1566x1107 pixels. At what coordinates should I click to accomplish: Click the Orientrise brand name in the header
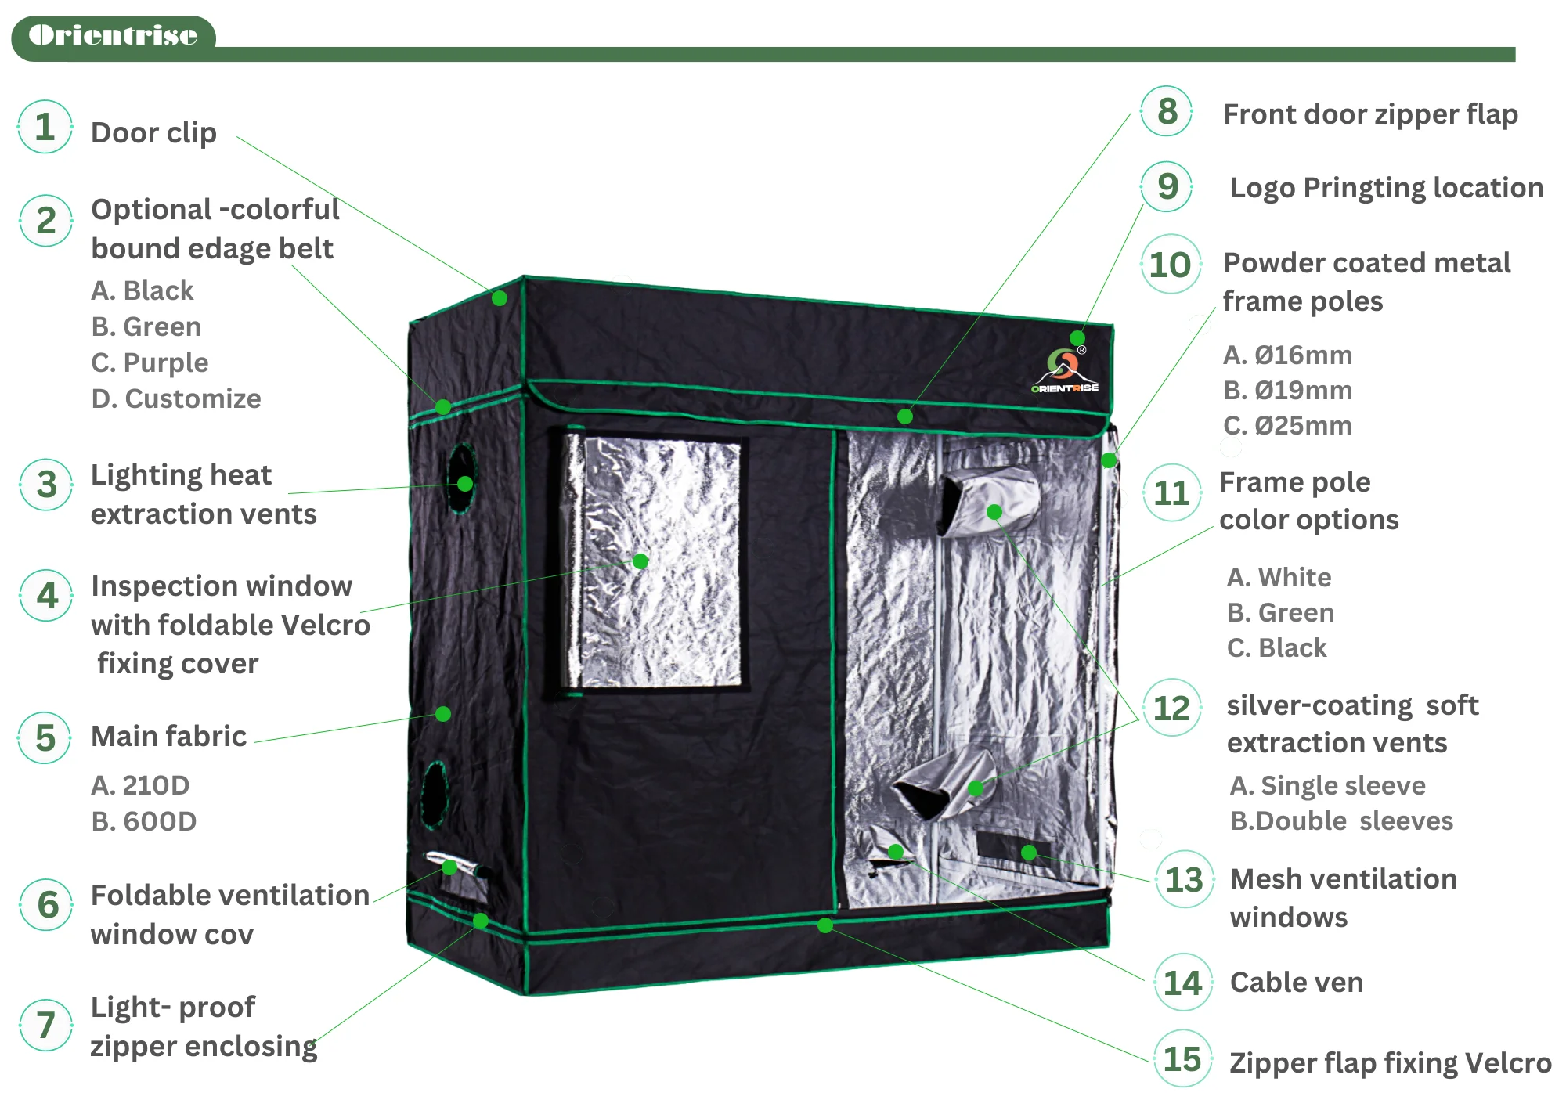(113, 35)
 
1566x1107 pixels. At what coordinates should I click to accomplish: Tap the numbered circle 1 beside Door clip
(45, 127)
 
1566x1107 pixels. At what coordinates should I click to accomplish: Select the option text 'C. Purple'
(150, 362)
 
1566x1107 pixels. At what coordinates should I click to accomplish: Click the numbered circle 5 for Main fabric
(45, 737)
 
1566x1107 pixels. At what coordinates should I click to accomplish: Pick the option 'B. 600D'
(143, 821)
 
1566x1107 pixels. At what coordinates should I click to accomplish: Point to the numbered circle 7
(46, 1025)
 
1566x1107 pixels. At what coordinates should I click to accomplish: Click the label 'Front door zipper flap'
(1370, 114)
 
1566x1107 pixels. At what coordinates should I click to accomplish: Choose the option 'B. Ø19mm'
(1287, 390)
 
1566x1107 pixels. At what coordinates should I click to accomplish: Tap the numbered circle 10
(1170, 265)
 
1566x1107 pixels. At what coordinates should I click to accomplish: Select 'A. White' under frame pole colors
(1279, 577)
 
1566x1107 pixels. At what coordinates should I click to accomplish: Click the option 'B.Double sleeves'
(1341, 820)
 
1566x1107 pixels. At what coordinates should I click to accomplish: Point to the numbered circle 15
(1182, 1058)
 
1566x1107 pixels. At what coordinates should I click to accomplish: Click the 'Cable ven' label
(1296, 982)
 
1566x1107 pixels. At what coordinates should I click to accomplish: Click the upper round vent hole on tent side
(461, 478)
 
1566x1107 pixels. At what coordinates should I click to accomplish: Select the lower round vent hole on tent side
(434, 794)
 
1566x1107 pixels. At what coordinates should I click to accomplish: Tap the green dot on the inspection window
(640, 561)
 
